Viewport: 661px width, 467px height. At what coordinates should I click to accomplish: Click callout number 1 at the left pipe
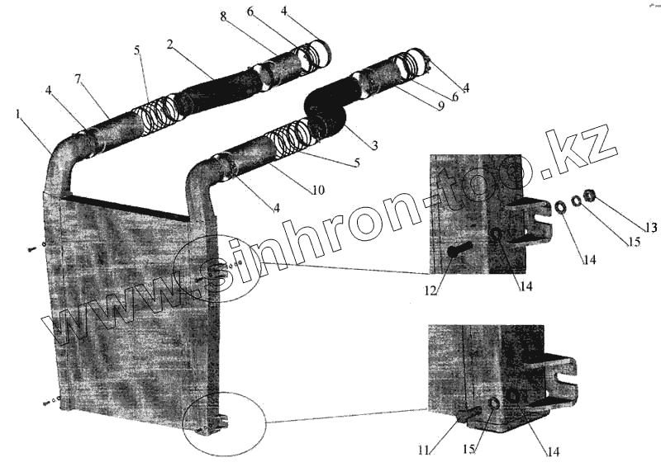pos(19,113)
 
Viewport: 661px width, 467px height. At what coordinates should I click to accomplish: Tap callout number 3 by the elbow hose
pos(374,145)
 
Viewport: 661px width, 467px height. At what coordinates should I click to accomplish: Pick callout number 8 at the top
pos(223,17)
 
